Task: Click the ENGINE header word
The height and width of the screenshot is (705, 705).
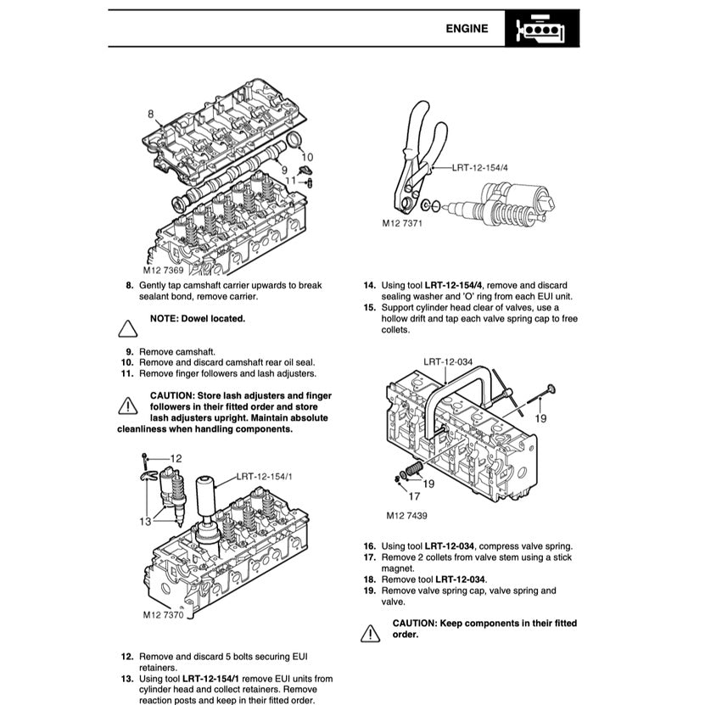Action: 467,28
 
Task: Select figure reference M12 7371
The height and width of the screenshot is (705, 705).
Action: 402,224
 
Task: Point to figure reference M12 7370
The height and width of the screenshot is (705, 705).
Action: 163,614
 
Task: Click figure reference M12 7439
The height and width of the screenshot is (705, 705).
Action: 407,515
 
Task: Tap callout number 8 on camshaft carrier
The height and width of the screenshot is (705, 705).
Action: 150,114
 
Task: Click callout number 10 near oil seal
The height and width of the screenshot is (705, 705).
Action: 307,157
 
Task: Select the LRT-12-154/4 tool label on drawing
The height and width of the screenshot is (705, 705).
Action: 480,167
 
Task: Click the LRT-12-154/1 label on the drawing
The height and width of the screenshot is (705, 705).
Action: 266,477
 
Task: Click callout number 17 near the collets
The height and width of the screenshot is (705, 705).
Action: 414,497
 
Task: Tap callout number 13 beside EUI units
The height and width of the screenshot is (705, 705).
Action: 145,521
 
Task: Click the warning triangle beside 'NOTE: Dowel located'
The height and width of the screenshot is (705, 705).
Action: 127,327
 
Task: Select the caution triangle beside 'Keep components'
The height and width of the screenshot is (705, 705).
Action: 370,632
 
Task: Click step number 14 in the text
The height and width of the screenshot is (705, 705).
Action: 370,285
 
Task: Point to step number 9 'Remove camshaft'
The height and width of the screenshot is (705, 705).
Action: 129,350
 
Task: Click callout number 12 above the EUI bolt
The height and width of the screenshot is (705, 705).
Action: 176,458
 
